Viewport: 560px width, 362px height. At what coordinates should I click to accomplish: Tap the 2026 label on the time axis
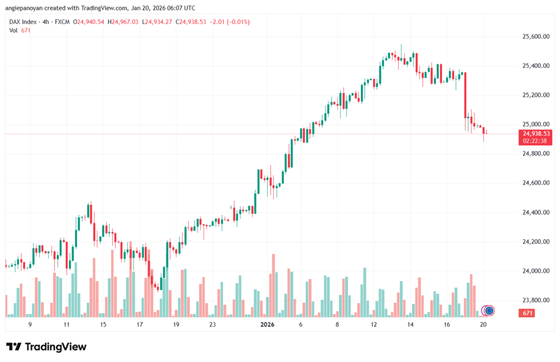[267, 325]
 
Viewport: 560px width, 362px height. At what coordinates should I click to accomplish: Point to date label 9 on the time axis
[30, 325]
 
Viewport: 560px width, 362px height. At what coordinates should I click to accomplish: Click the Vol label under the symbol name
[14, 31]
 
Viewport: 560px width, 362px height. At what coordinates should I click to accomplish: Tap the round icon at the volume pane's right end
[489, 311]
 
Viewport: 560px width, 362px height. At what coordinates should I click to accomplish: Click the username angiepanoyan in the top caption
[27, 8]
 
